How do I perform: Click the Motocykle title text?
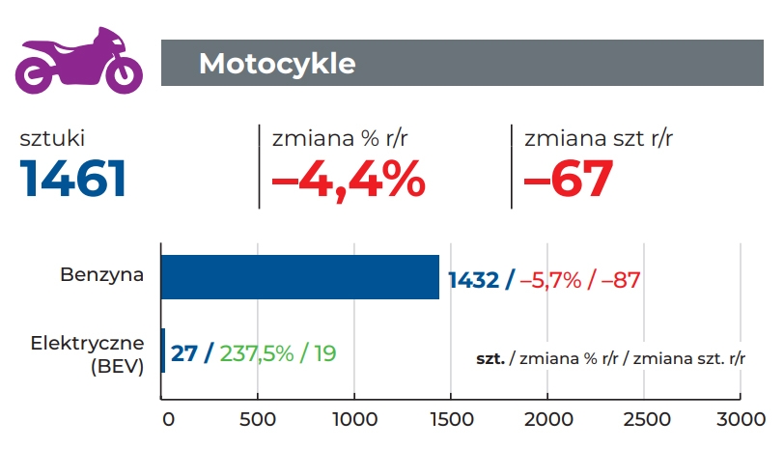coord(277,64)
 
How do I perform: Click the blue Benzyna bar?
coord(299,277)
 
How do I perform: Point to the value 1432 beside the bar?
coord(474,280)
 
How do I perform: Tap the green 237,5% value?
coord(257,353)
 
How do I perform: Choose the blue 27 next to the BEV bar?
coord(184,353)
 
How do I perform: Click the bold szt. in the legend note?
coord(491,357)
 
